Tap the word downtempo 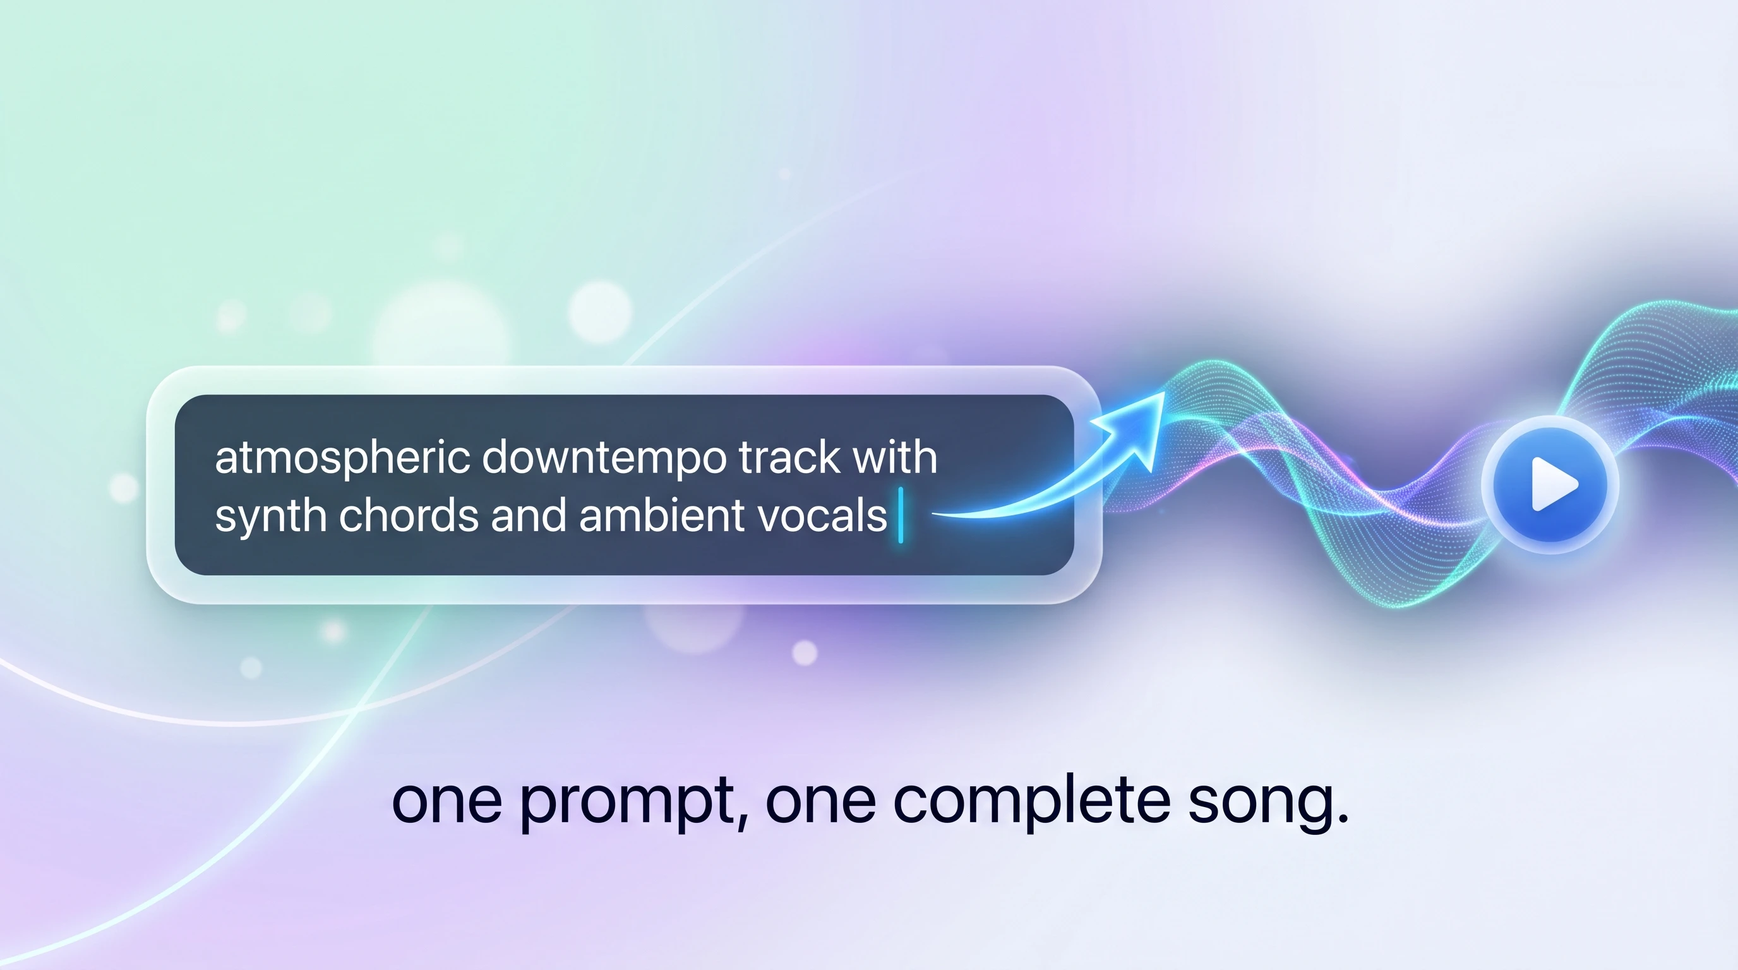point(604,459)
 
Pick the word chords point(409,515)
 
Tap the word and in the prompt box point(528,515)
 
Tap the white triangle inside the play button point(1554,484)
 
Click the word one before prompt point(446,803)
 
